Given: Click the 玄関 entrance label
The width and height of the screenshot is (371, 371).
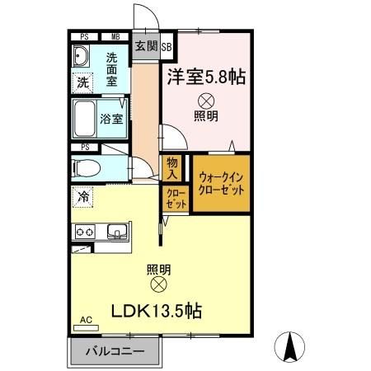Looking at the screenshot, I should [x=145, y=47].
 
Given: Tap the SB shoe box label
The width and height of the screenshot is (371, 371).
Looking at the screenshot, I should [x=166, y=47].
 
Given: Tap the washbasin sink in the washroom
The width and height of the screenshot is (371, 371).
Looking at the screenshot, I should [x=82, y=58].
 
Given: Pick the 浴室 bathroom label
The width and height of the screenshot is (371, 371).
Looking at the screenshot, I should [x=113, y=118].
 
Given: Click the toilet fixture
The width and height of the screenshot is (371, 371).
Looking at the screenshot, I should [x=88, y=167].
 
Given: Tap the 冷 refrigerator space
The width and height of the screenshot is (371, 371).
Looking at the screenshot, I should [x=82, y=196].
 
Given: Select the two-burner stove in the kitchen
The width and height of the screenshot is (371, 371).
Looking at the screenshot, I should [x=86, y=232].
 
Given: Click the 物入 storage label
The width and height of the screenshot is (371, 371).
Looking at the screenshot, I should [x=171, y=169].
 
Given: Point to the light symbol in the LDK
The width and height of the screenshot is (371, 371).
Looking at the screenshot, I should [x=159, y=284].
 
